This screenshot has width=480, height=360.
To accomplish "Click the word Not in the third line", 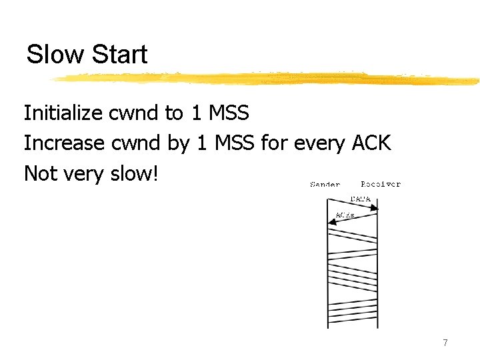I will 39,173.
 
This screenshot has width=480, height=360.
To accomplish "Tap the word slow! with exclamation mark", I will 136,173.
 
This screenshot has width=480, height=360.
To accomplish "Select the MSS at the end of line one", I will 229,113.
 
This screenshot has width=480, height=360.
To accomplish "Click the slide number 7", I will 445,343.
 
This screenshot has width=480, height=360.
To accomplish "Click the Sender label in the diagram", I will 325,184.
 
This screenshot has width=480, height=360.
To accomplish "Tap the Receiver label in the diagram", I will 381,184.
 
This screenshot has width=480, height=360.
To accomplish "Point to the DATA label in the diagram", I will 361,199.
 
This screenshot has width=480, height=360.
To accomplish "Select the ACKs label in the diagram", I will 345,215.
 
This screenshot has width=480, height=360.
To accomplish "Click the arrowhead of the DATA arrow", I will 375,208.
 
